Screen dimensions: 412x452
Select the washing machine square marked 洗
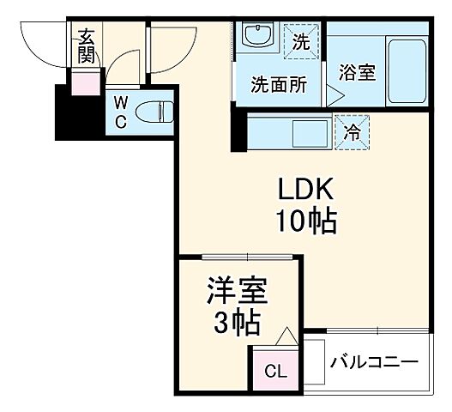coord(301,39)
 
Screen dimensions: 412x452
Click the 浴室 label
coord(356,72)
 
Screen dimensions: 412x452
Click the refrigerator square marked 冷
coord(353,132)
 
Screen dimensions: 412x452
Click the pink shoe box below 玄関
coord(86,83)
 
